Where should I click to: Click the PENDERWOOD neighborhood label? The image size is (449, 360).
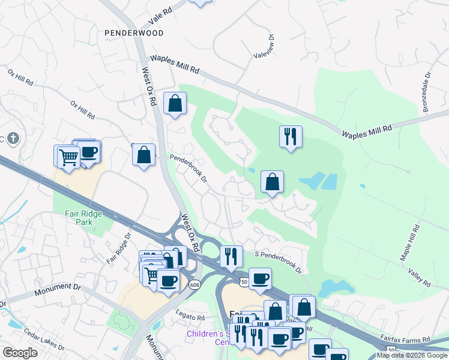pos(133,33)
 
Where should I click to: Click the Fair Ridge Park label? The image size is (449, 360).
pos(84,218)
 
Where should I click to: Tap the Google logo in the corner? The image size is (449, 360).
pos(20,353)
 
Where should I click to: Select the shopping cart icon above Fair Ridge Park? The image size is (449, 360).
pos(68,157)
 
